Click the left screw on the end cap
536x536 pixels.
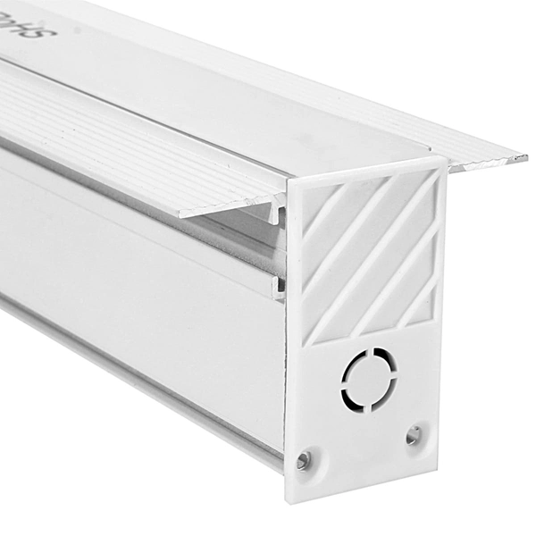point(304,459)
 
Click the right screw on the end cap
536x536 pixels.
point(413,435)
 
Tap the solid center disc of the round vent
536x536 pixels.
point(370,380)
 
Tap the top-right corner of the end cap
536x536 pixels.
point(445,161)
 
